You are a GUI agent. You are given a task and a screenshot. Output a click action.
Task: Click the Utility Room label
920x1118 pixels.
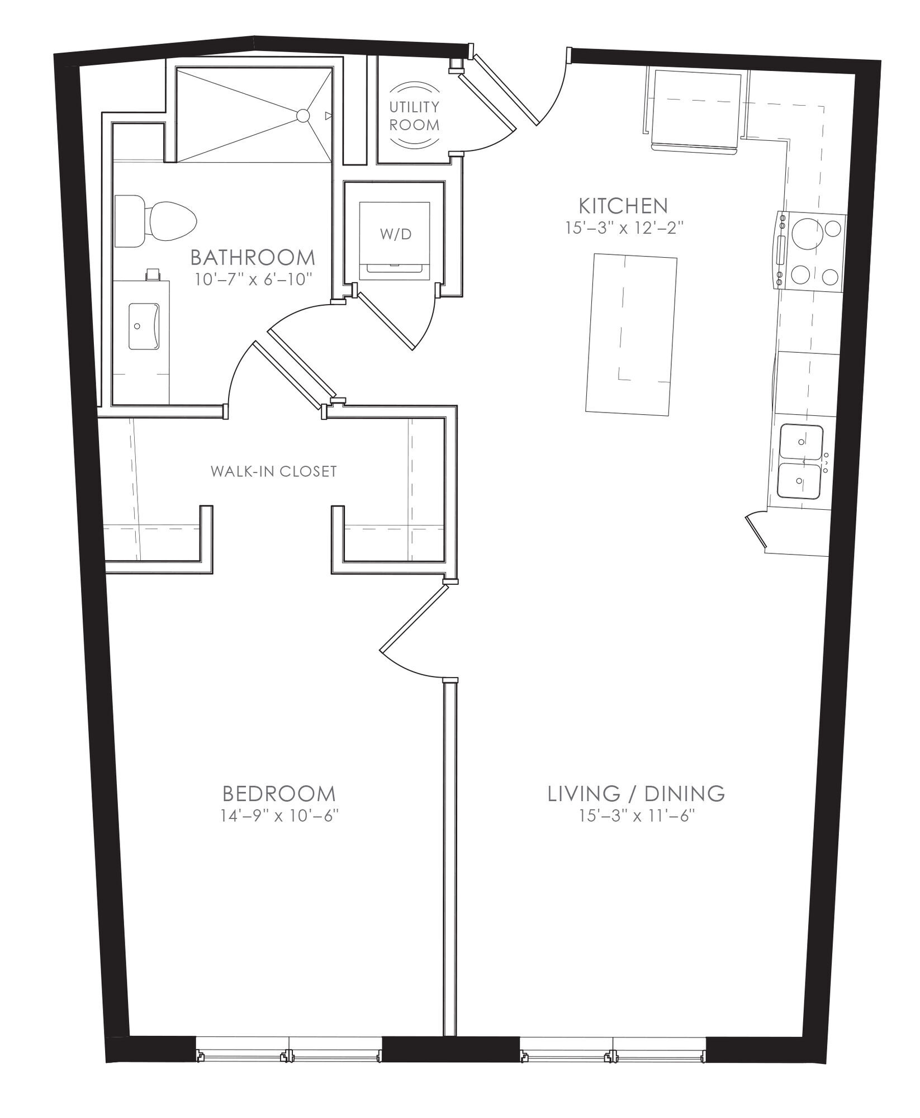[414, 116]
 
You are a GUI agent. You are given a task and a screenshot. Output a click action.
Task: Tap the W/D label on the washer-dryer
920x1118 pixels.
[396, 234]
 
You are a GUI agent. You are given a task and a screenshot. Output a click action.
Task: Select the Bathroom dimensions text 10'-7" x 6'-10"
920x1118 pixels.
[253, 279]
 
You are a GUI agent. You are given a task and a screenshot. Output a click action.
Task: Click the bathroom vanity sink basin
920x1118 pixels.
[144, 326]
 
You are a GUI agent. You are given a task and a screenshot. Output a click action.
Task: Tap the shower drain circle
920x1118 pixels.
[302, 116]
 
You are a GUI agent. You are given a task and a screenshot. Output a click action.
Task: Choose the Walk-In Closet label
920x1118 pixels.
[274, 471]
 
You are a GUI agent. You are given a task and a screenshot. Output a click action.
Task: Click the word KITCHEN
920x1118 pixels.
[623, 206]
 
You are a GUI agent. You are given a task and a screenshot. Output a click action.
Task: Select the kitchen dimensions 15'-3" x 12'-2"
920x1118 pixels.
[624, 229]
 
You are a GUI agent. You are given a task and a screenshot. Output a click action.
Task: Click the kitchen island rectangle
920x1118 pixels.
[631, 334]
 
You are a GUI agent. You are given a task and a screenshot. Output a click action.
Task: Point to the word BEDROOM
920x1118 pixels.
[279, 793]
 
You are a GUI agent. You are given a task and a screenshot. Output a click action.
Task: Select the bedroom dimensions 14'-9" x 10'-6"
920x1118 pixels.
[281, 816]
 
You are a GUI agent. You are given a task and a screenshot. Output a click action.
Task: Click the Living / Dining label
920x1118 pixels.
[636, 793]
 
